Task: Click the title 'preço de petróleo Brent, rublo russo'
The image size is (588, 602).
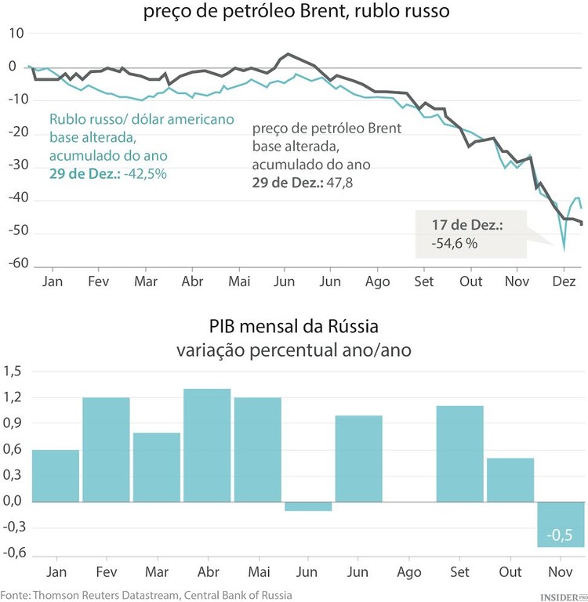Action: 297,13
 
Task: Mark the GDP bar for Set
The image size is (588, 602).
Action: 459,453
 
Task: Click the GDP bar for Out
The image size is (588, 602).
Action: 510,480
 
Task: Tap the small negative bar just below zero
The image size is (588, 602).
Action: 308,506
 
